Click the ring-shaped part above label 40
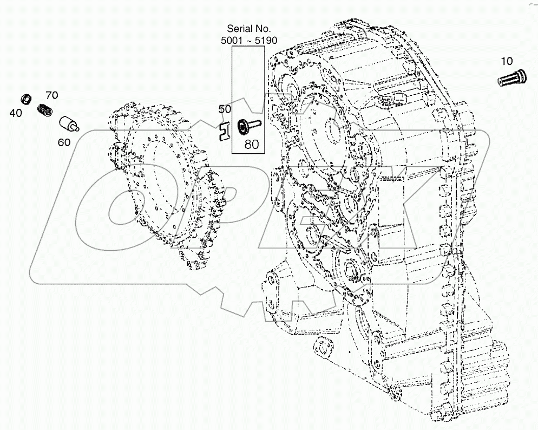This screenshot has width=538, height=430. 25,99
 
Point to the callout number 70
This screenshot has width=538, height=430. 52,95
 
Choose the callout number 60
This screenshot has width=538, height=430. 64,142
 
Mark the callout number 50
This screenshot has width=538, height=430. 225,109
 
